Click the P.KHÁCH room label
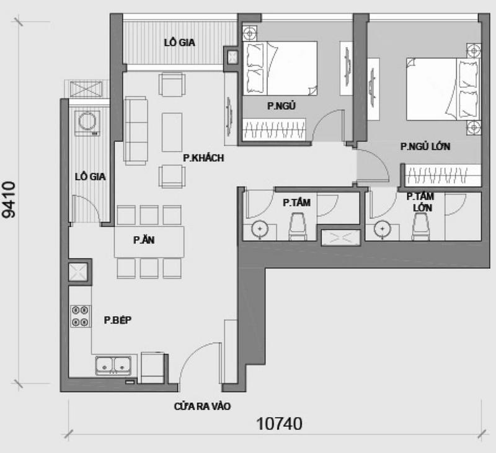pos(203,158)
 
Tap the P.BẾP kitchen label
pos(118,320)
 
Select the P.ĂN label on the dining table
pos(144,240)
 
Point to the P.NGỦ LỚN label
pos(425,146)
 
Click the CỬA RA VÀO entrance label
pos(202,407)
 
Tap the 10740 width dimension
pos(280,424)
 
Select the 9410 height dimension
pos(9,200)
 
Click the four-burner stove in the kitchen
pos(80,316)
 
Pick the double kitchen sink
pos(113,366)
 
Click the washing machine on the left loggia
pos(87,123)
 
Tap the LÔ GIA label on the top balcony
pos(179,43)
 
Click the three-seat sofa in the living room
pos(136,131)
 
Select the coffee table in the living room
pos(172,132)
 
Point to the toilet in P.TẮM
pos(298,227)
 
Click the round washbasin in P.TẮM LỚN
pos(382,229)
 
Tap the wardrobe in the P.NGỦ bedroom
pos(274,130)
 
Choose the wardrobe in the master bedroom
pos(443,175)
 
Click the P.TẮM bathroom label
pos(296,203)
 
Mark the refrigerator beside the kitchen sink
pos(153,368)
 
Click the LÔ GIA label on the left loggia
pos(90,177)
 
